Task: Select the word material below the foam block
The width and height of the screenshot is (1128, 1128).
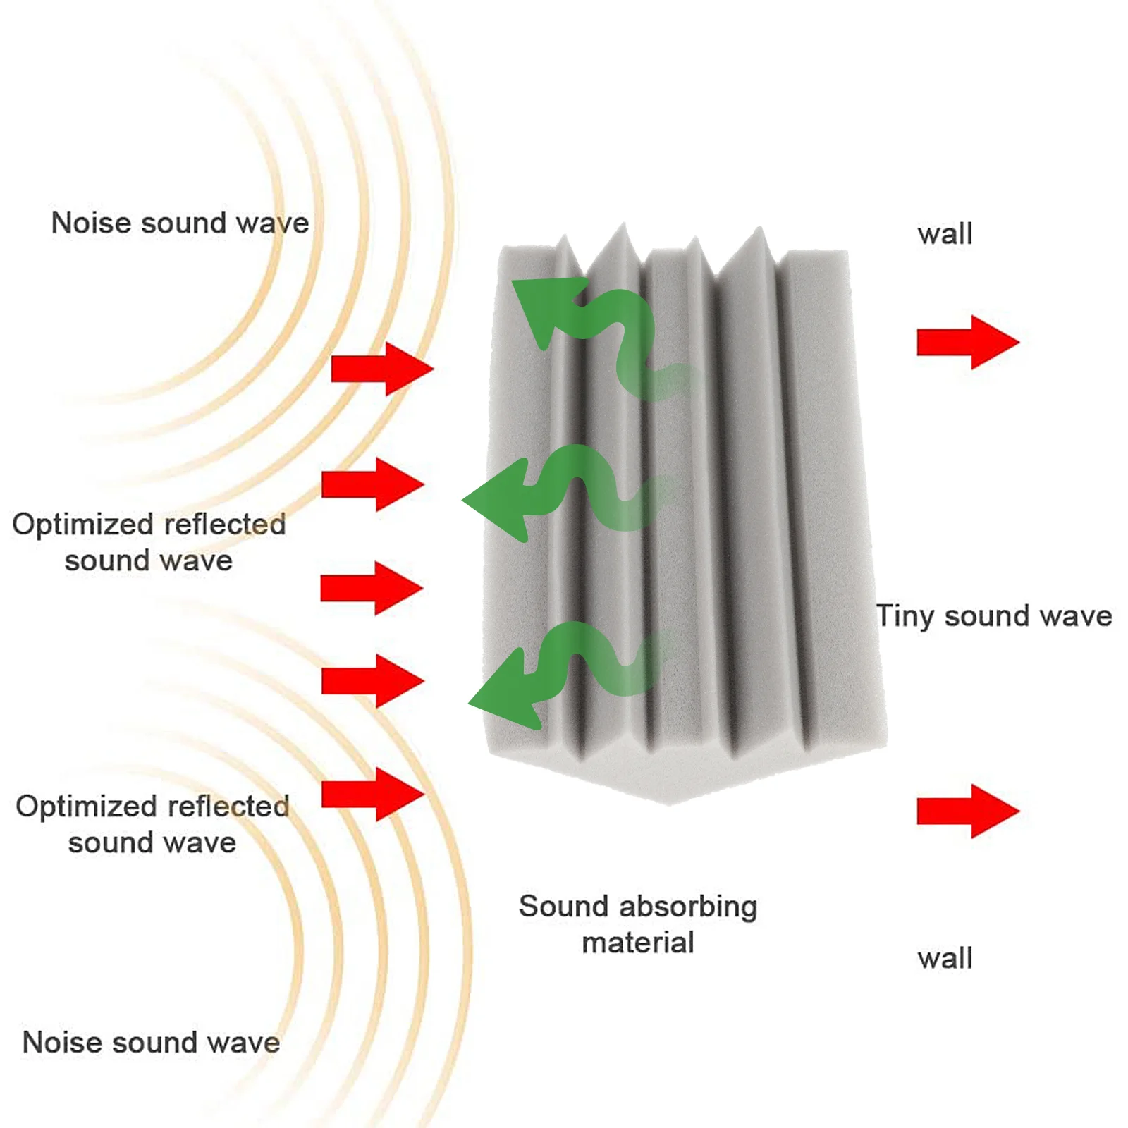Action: click(x=638, y=943)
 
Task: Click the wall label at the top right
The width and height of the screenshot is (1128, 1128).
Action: click(x=945, y=234)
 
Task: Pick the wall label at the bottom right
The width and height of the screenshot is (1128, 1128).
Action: click(x=945, y=959)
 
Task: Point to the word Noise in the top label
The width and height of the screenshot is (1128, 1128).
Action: click(x=90, y=223)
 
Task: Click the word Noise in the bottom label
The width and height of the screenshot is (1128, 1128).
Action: click(x=62, y=1043)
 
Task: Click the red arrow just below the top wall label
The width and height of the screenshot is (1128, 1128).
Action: click(x=967, y=343)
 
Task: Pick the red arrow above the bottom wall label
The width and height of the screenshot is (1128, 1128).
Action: click(x=967, y=811)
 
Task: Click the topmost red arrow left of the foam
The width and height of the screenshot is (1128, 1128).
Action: click(x=381, y=369)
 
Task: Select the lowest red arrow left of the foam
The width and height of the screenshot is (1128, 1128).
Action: click(x=372, y=795)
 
